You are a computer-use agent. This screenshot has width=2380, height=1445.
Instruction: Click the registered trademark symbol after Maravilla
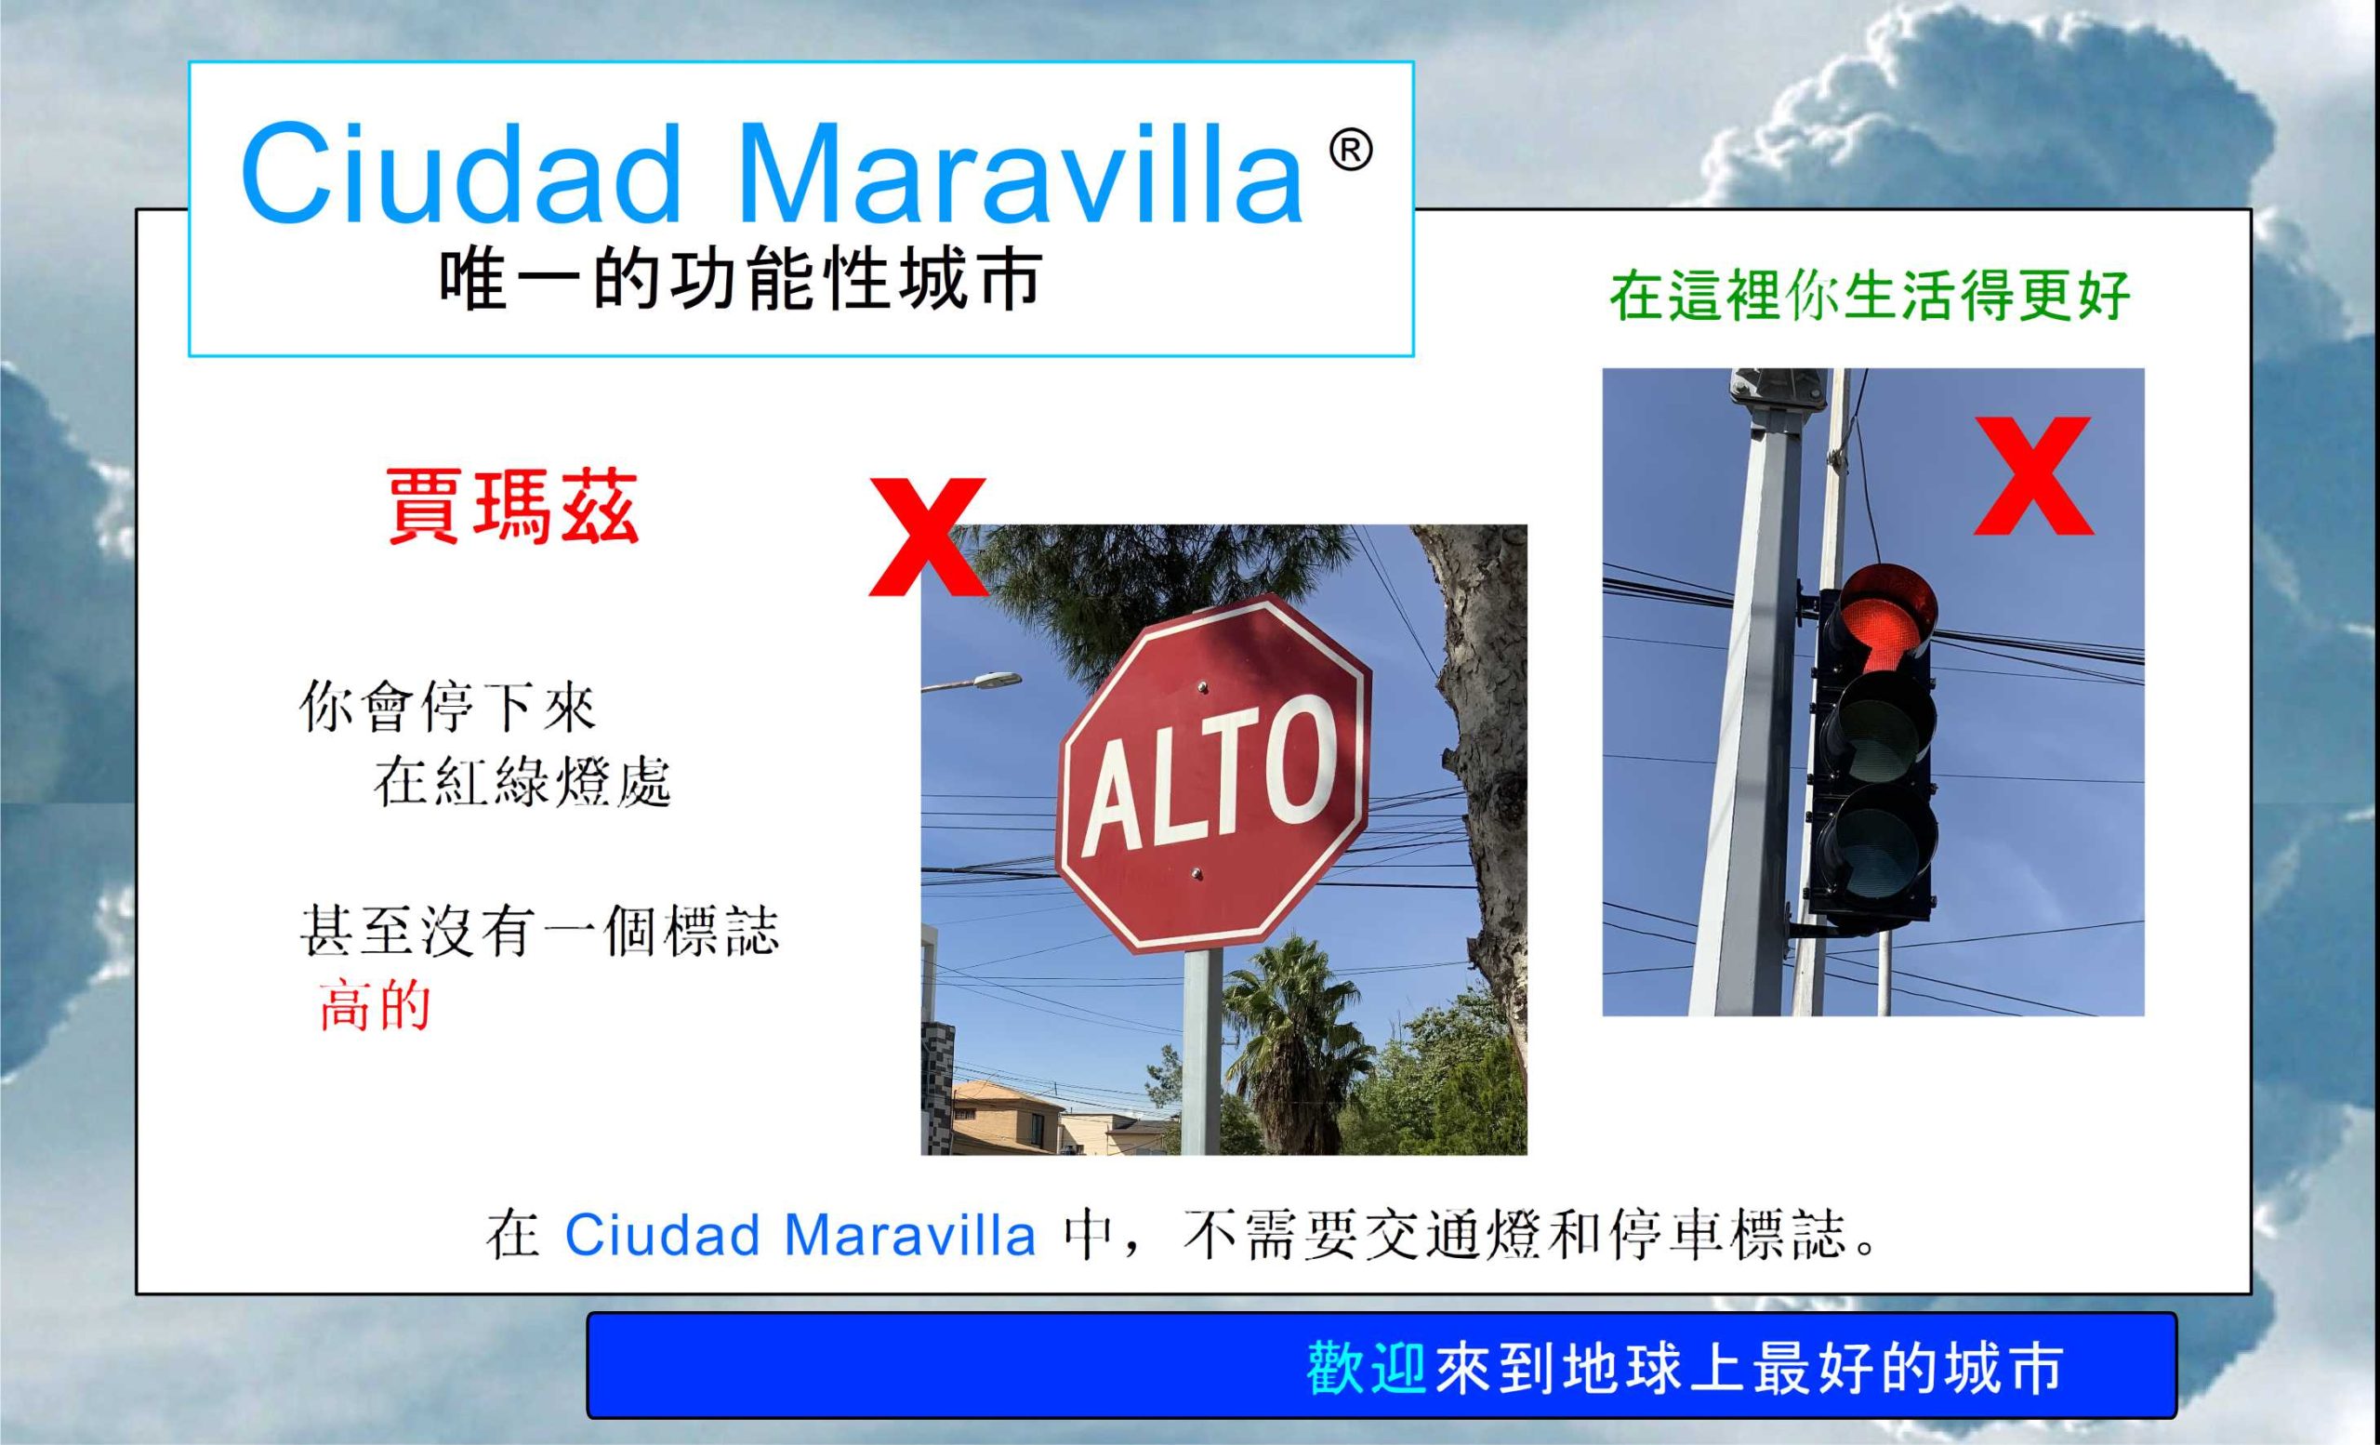click(1352, 152)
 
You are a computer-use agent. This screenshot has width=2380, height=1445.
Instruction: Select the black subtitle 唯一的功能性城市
click(740, 281)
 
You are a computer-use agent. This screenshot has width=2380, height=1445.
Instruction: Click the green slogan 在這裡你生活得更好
click(1869, 296)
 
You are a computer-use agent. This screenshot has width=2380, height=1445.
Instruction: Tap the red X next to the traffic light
click(2033, 476)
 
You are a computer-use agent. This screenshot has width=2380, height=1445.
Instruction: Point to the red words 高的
click(374, 1006)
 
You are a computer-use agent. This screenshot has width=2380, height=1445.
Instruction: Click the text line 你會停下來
click(448, 707)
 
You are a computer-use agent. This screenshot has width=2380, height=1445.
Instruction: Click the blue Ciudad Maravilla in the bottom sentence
click(800, 1235)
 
